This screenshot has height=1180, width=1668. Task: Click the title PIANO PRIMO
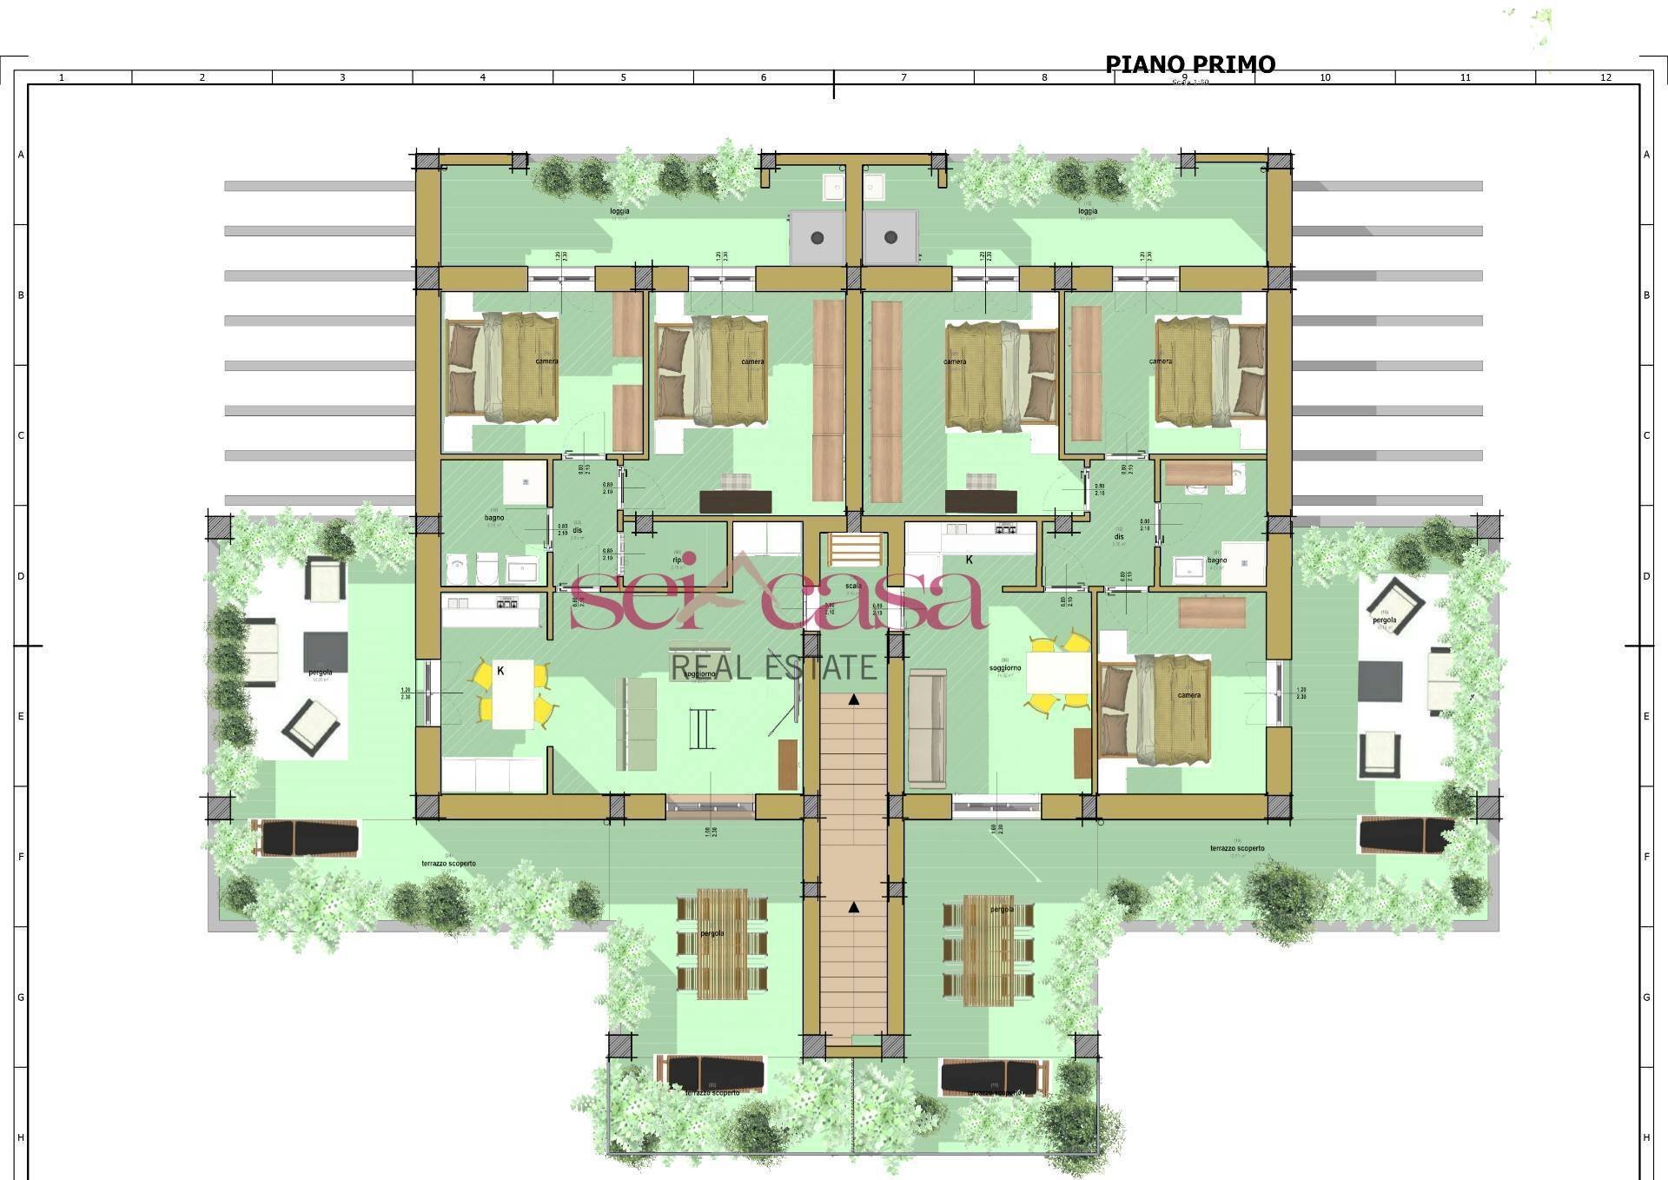[1189, 64]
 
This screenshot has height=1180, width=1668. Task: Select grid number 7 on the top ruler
[903, 77]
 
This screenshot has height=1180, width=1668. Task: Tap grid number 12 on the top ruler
[1605, 77]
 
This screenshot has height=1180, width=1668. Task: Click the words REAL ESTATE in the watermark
[774, 667]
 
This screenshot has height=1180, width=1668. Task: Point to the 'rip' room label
[676, 560]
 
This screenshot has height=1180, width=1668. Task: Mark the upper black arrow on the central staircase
[855, 699]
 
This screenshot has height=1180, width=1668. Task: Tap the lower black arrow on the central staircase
[854, 907]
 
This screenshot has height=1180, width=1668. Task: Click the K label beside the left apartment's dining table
[501, 671]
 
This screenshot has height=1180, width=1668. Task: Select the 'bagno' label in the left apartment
[494, 518]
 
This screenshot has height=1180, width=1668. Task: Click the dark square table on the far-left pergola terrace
[325, 649]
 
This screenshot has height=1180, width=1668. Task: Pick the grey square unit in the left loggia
[817, 236]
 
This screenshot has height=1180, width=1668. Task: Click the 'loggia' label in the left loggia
[619, 211]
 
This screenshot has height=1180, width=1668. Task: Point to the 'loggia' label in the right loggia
[1087, 211]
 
